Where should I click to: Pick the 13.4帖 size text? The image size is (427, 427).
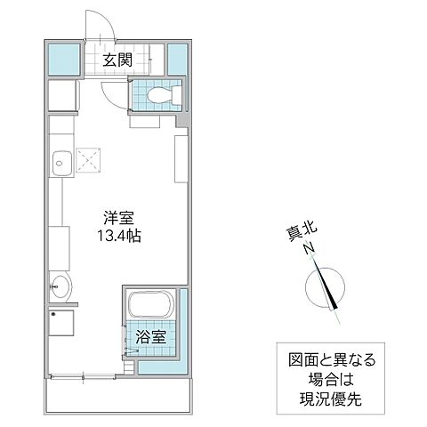click(x=117, y=237)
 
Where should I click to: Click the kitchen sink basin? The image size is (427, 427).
click(x=62, y=163)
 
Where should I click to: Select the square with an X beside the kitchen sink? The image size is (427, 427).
click(x=89, y=159)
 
